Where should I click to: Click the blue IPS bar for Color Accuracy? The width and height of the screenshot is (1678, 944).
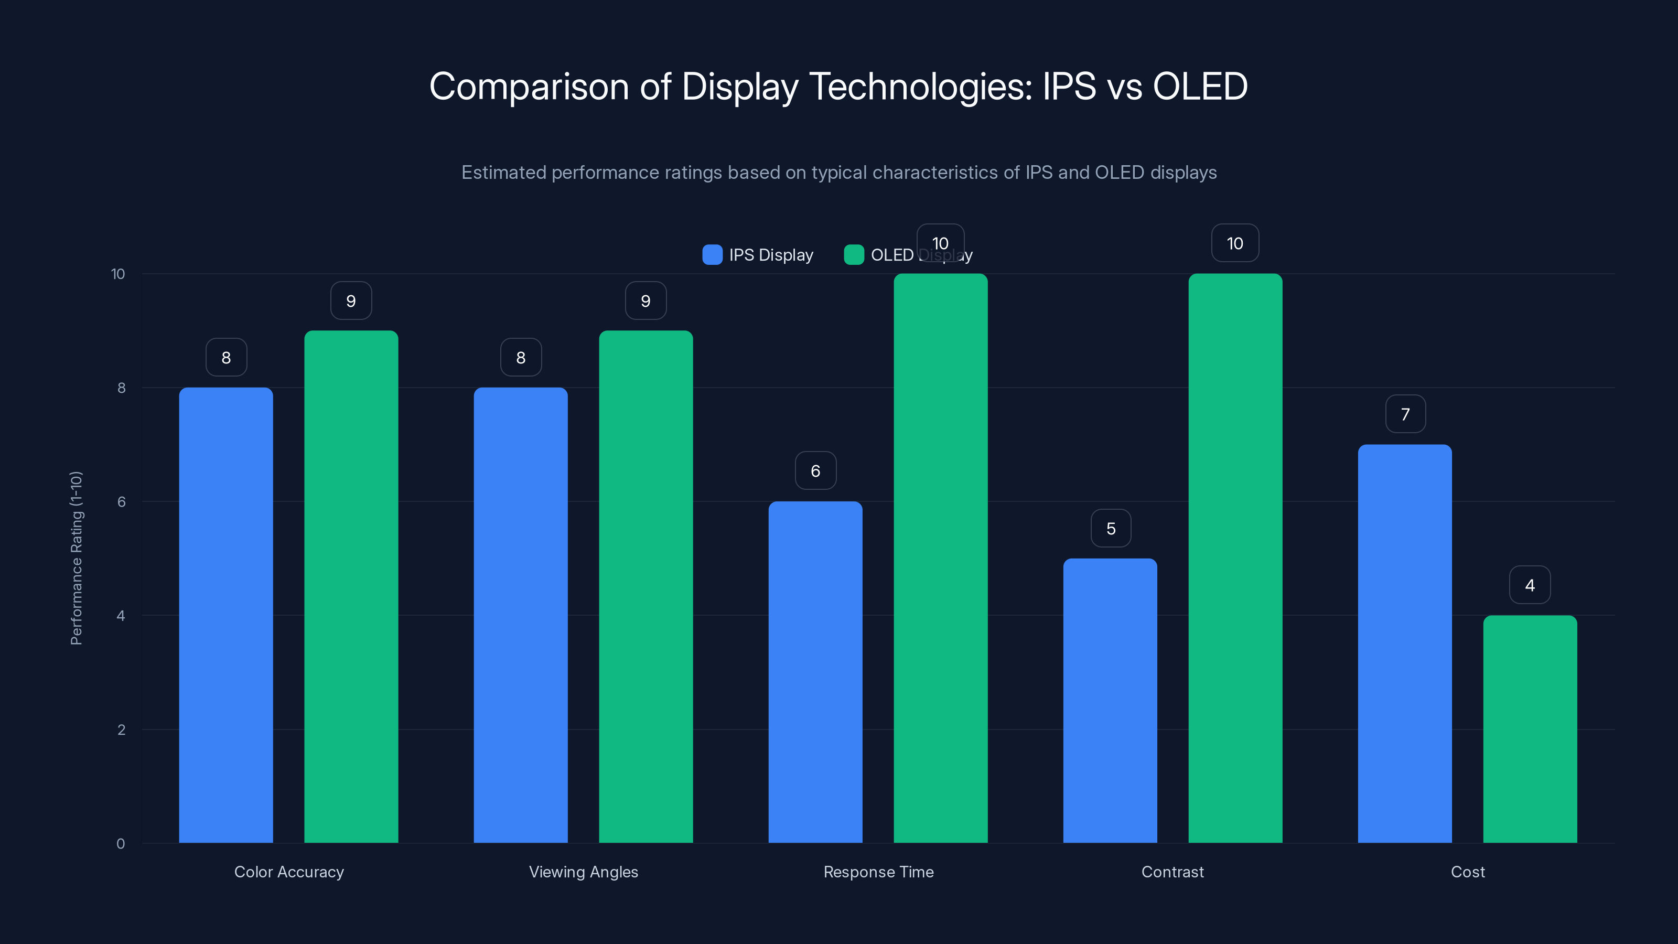click(226, 615)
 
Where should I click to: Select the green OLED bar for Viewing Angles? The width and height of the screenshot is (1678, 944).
click(646, 586)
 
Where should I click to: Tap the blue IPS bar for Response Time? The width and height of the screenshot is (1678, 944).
click(815, 672)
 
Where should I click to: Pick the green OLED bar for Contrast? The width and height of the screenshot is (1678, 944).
click(1235, 559)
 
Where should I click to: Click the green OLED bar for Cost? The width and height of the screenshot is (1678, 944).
click(1530, 729)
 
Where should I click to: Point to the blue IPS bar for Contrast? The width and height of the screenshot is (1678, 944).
click(1110, 700)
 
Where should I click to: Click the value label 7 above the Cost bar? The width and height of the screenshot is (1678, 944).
click(1405, 414)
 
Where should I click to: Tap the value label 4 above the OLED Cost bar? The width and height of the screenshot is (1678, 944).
click(1530, 585)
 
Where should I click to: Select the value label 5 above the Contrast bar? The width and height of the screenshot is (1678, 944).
click(1111, 528)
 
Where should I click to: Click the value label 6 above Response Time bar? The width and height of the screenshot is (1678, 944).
click(815, 471)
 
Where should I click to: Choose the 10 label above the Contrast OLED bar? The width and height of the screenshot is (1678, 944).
click(1235, 244)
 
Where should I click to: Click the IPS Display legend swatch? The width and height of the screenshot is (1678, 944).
click(712, 255)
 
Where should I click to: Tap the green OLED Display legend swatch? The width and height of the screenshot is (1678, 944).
click(853, 255)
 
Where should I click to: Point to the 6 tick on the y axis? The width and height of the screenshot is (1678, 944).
click(121, 502)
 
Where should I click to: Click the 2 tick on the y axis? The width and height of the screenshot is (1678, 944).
click(121, 730)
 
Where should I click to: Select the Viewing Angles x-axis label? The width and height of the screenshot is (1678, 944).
click(583, 872)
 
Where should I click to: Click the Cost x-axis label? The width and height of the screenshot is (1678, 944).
click(1468, 872)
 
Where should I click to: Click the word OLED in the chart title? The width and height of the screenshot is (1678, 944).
click(1200, 87)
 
